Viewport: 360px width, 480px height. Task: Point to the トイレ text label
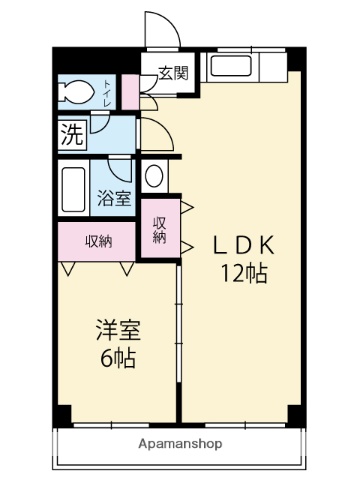[x=106, y=97]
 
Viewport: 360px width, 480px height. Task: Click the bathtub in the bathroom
[x=74, y=186]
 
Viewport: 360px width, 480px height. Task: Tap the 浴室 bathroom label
[x=114, y=196]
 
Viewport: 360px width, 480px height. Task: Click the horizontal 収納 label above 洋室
[x=97, y=240]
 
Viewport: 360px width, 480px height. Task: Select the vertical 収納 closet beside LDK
[x=160, y=231]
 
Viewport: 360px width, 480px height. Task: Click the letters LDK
[x=241, y=246]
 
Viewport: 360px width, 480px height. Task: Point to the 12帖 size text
[x=244, y=274]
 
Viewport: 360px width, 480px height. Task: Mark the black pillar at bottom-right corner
[x=293, y=413]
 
